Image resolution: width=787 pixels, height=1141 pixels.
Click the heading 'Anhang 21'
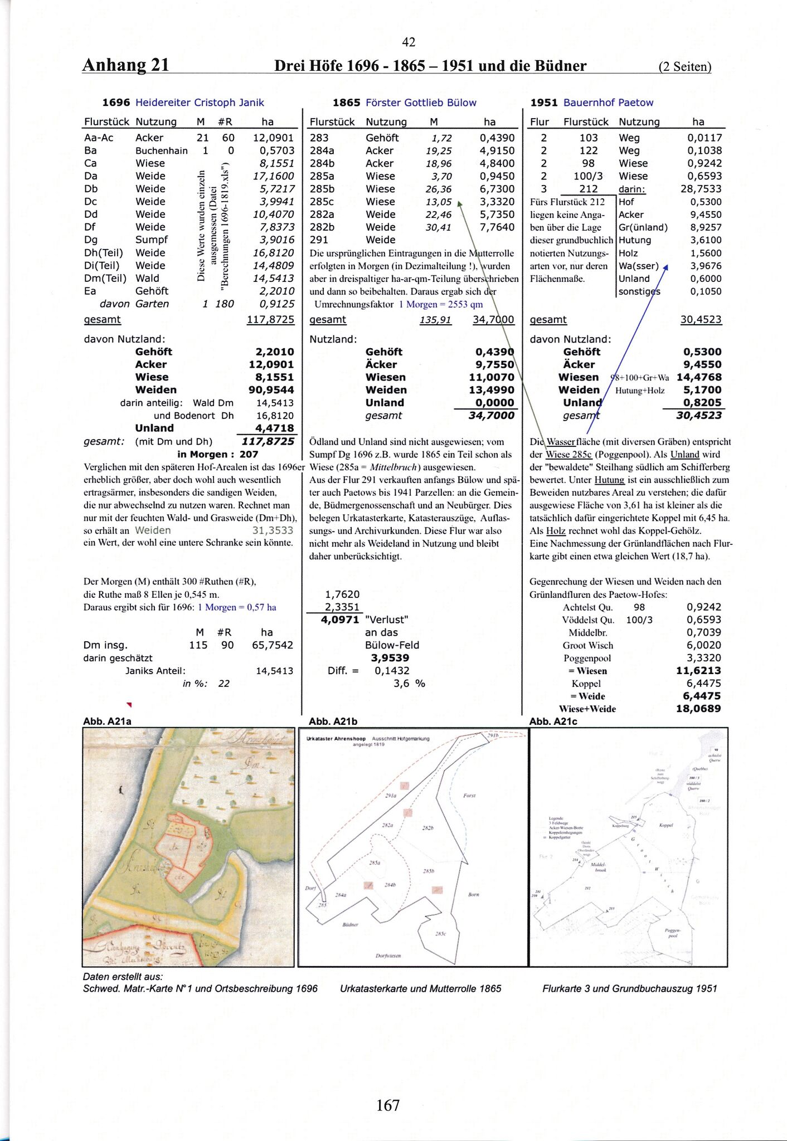click(125, 65)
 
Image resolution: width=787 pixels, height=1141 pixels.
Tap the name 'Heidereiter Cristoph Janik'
click(200, 103)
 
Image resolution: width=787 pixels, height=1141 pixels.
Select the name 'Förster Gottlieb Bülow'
click(421, 103)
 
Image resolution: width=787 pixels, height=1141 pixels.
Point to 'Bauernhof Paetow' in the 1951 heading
click(608, 103)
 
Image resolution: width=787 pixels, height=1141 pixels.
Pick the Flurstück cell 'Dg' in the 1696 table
click(90, 240)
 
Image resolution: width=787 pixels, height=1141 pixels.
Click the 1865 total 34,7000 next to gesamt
click(493, 320)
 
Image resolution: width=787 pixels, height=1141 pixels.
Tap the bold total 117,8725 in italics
click(268, 441)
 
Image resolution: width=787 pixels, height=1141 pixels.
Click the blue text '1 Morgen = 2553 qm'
click(441, 304)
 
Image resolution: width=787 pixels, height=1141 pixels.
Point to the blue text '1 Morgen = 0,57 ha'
click(237, 607)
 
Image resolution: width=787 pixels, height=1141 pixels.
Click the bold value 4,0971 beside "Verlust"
click(340, 620)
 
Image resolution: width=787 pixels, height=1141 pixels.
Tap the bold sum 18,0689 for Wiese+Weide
click(698, 709)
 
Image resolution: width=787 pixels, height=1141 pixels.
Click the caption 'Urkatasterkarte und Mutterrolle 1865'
click(420, 988)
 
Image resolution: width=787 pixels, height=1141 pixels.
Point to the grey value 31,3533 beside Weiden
click(273, 530)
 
